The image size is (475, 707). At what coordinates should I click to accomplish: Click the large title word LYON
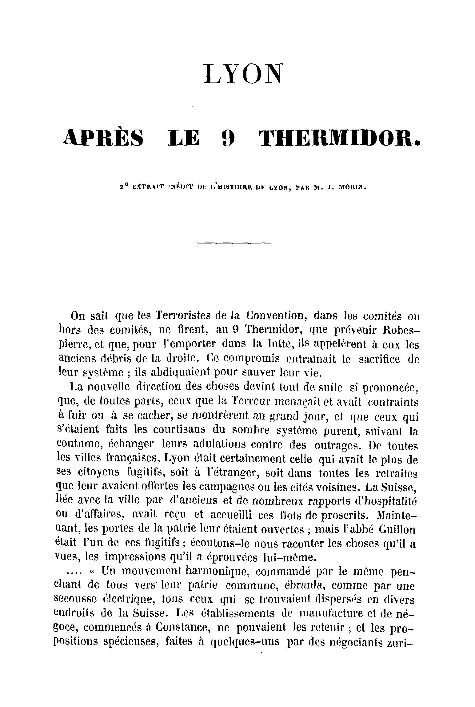click(242, 74)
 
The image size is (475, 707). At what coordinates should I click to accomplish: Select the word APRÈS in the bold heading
click(103, 138)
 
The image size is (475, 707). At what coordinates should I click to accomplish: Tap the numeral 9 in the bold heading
click(228, 138)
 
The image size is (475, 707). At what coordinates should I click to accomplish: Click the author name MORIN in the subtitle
click(352, 187)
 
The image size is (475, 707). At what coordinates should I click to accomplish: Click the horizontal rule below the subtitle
click(234, 243)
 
